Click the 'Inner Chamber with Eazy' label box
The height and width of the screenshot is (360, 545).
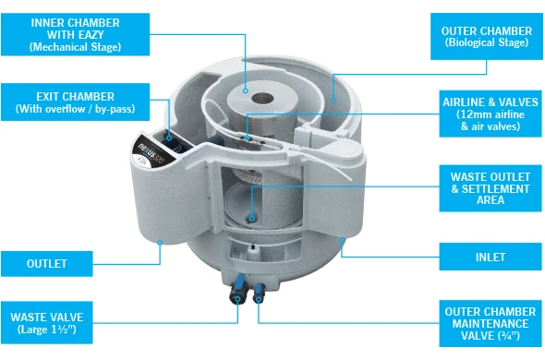(x=76, y=34)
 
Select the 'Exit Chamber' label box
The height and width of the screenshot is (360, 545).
(x=76, y=102)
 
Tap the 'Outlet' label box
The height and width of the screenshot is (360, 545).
(x=47, y=264)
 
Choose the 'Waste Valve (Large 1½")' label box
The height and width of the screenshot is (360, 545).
(x=47, y=322)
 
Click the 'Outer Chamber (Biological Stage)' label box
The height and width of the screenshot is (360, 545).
(x=487, y=37)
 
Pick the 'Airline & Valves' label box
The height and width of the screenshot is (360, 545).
(x=490, y=114)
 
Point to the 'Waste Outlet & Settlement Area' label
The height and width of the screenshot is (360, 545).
(x=490, y=188)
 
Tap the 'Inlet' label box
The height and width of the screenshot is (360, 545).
(x=490, y=257)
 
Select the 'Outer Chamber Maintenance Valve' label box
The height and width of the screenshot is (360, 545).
(x=490, y=323)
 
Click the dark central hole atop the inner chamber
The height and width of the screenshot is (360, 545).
(x=262, y=99)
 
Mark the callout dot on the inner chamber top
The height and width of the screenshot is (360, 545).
(x=246, y=90)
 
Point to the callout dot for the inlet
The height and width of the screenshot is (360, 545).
(x=342, y=240)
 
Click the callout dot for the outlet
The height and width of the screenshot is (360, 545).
(x=160, y=243)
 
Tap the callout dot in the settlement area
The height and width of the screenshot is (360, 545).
(x=252, y=219)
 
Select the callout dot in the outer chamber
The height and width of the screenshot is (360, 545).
(x=333, y=101)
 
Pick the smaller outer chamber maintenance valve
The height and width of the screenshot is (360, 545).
(x=259, y=293)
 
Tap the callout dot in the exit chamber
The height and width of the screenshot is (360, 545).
(x=169, y=138)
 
